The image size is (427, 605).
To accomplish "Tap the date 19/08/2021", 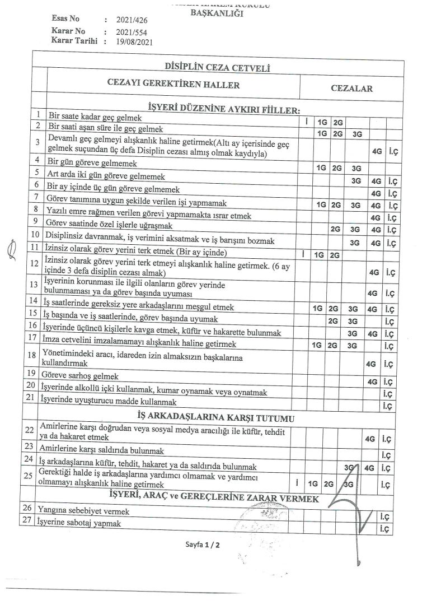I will pyautogui.click(x=134, y=41).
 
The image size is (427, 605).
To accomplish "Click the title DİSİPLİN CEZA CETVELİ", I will pyautogui.click(x=217, y=68).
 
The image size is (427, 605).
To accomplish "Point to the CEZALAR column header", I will pyautogui.click(x=351, y=89).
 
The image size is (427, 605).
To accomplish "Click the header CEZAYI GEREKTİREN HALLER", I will pyautogui.click(x=173, y=85).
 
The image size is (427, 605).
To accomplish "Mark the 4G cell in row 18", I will pyautogui.click(x=370, y=364).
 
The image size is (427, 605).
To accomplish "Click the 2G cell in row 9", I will pyautogui.click(x=336, y=229).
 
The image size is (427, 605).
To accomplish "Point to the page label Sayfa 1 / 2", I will pyautogui.click(x=201, y=544).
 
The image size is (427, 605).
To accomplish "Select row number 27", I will pyautogui.click(x=26, y=522).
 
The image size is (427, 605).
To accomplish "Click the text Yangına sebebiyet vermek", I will pyautogui.click(x=83, y=511).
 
